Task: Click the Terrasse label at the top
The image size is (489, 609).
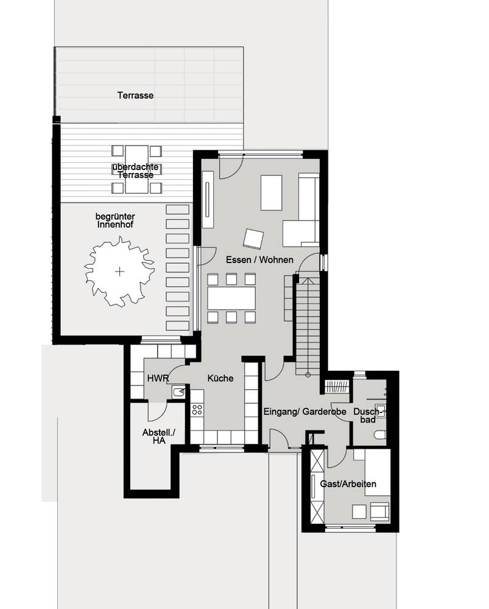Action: click(135, 95)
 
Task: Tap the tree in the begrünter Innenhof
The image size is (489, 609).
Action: click(119, 272)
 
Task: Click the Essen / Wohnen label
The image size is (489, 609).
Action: click(259, 259)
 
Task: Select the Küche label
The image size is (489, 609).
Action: click(220, 378)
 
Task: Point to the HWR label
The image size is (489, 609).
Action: click(158, 378)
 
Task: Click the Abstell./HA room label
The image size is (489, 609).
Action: click(159, 436)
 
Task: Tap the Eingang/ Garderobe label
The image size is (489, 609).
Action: click(305, 411)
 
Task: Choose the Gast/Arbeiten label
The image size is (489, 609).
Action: click(348, 484)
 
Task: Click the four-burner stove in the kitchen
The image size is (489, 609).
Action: click(197, 409)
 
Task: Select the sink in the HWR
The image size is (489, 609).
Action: click(178, 392)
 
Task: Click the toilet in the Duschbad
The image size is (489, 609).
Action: click(380, 435)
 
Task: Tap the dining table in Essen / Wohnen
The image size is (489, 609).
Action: click(231, 298)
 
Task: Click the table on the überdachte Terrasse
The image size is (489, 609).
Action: click(137, 169)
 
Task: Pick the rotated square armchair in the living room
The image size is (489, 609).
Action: click(253, 239)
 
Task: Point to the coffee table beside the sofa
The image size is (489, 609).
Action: click(271, 192)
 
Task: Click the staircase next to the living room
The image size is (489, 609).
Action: click(308, 325)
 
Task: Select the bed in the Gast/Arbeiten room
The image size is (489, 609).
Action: click(377, 473)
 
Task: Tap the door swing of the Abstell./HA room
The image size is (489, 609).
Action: click(157, 412)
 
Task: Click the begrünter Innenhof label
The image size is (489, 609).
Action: click(115, 220)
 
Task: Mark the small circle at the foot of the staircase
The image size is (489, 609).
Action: click(308, 375)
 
